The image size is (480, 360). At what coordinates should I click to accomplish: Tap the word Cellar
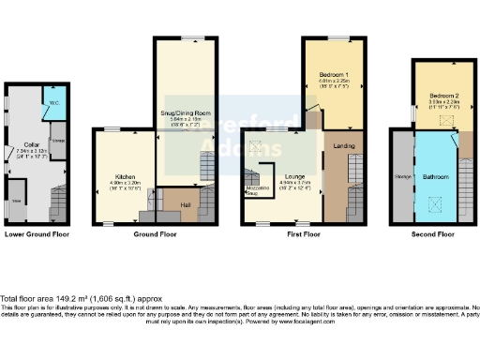[31, 144]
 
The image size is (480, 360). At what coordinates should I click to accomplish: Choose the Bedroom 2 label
[443, 96]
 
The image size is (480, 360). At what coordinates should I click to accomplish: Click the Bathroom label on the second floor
[438, 176]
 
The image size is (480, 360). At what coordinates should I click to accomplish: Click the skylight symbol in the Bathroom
[435, 200]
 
